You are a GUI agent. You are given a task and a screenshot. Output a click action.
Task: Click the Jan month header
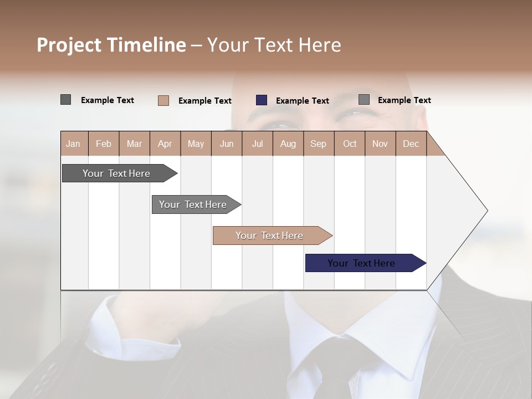pyautogui.click(x=74, y=144)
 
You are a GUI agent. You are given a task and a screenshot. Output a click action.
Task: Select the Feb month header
pyautogui.click(x=104, y=144)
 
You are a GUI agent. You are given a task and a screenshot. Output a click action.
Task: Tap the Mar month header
pyautogui.click(x=134, y=144)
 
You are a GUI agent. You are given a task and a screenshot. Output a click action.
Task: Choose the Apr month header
pyautogui.click(x=165, y=144)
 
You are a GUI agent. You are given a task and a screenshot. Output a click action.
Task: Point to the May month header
pyautogui.click(x=196, y=144)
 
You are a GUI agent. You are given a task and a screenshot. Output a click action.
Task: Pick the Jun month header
pyautogui.click(x=227, y=144)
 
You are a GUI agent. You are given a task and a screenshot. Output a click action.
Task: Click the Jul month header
pyautogui.click(x=257, y=144)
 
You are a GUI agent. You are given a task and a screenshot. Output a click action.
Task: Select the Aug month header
pyautogui.click(x=288, y=144)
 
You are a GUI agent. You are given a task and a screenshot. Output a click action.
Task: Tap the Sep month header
pyautogui.click(x=318, y=144)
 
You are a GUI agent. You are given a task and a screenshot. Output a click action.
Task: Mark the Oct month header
pyautogui.click(x=349, y=144)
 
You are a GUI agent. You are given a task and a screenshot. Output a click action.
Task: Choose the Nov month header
pyautogui.click(x=380, y=144)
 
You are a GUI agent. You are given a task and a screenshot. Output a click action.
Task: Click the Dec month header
pyautogui.click(x=411, y=144)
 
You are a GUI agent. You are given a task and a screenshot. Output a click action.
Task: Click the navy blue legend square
pyautogui.click(x=262, y=100)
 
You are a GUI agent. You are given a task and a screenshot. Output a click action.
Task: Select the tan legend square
pyautogui.click(x=163, y=100)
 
